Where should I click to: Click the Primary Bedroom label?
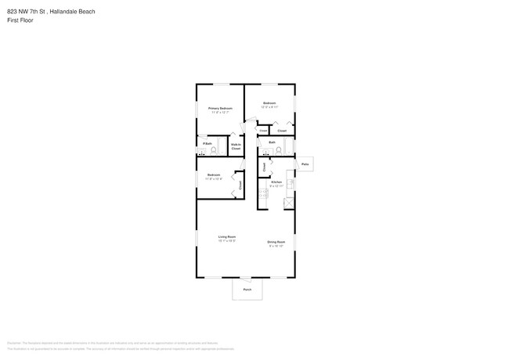click(220, 108)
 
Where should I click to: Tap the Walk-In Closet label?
click(236, 146)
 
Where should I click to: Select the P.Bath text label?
click(208, 143)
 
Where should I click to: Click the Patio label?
click(305, 164)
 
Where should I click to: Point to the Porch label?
click(247, 290)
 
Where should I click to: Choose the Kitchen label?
click(276, 182)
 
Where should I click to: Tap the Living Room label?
click(227, 236)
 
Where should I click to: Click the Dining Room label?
click(276, 242)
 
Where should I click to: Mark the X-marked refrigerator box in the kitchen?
click(289, 203)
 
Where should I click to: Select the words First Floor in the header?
click(20, 20)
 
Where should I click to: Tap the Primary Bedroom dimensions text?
click(220, 113)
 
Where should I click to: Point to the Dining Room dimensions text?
click(276, 247)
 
